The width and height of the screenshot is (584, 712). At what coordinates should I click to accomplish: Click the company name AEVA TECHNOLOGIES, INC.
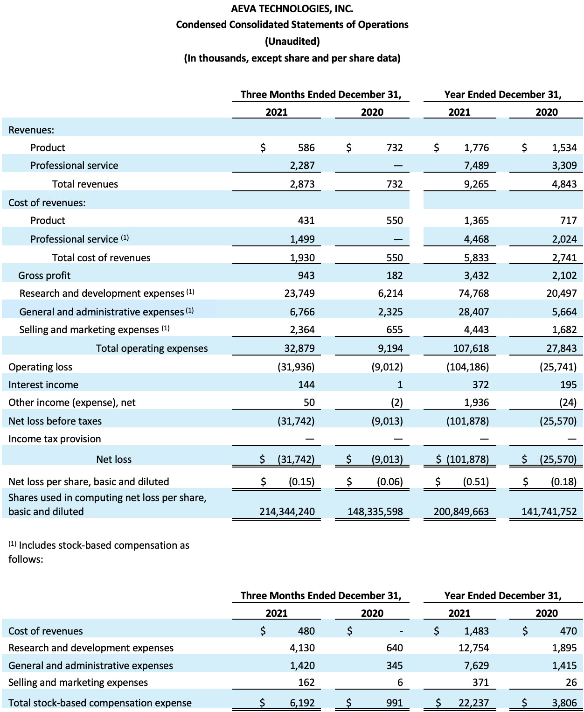pyautogui.click(x=292, y=8)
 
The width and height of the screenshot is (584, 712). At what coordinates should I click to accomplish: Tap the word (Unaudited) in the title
pyautogui.click(x=292, y=41)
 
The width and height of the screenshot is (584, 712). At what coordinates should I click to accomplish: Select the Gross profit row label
pyautogui.click(x=44, y=275)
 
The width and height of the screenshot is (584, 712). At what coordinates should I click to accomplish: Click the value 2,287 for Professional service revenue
pyautogui.click(x=302, y=166)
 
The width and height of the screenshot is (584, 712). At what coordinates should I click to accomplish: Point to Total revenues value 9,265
pyautogui.click(x=476, y=184)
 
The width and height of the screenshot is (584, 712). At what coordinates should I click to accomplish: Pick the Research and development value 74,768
pyautogui.click(x=473, y=293)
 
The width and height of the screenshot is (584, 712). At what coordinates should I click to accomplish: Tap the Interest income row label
pyautogui.click(x=43, y=384)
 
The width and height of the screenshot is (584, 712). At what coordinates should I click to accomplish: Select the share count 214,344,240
pyautogui.click(x=287, y=511)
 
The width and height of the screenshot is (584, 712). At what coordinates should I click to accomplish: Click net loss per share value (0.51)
pyautogui.click(x=476, y=482)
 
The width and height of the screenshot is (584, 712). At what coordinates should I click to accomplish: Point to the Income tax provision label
pyautogui.click(x=55, y=439)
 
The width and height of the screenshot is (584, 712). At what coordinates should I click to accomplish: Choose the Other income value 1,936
pyautogui.click(x=476, y=402)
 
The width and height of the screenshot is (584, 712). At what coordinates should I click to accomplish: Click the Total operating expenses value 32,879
pyautogui.click(x=299, y=348)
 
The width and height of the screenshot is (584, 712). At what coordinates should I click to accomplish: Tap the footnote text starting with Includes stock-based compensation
pyautogui.click(x=99, y=552)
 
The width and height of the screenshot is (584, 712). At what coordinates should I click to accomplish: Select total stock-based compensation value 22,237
pyautogui.click(x=473, y=703)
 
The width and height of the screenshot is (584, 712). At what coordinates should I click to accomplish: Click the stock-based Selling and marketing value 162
pyautogui.click(x=306, y=682)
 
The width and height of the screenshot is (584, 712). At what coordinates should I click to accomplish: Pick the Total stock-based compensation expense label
pyautogui.click(x=100, y=703)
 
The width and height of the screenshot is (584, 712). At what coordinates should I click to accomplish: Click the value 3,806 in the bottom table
pyautogui.click(x=564, y=703)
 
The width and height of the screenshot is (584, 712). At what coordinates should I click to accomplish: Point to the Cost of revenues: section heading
pyautogui.click(x=47, y=202)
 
